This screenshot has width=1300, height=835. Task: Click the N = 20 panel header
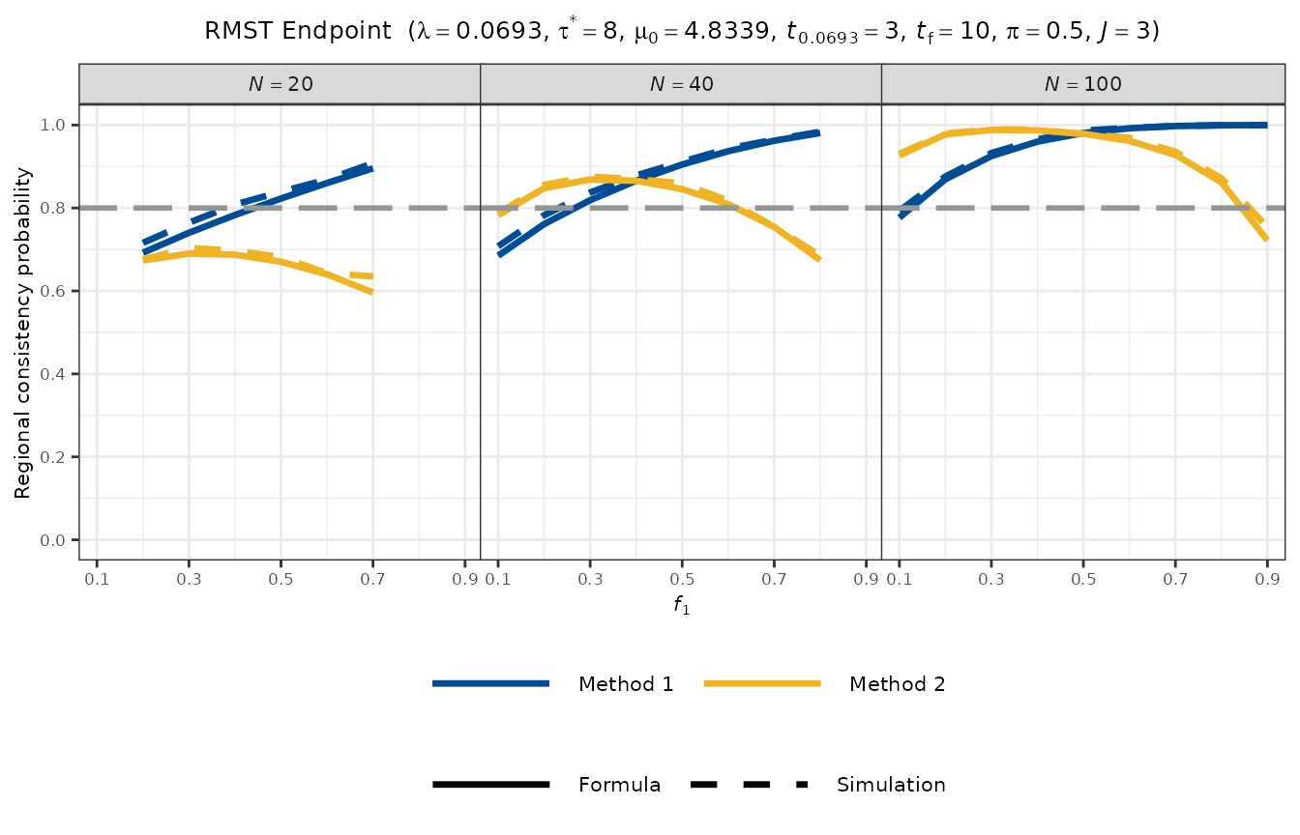[x=280, y=84]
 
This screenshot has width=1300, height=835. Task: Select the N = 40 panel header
[x=681, y=84]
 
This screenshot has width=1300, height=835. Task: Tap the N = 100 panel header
[x=1082, y=84]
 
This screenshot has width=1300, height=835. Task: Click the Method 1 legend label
[x=626, y=684]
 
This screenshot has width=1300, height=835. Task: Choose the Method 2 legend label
[x=897, y=684]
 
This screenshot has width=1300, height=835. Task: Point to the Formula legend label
[x=619, y=785]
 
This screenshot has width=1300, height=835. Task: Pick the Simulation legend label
[x=891, y=785]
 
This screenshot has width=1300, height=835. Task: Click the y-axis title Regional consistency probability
[x=22, y=333]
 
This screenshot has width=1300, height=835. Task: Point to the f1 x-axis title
[x=681, y=609]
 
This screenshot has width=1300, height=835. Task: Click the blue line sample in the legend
[x=491, y=684]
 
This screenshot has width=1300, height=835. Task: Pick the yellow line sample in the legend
[x=762, y=684]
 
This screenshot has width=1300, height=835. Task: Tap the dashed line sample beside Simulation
[x=750, y=785]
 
